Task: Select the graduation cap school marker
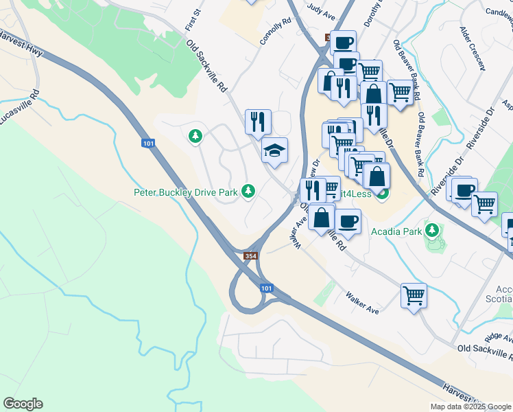(274, 151)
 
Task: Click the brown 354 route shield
(251, 256)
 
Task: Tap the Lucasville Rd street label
(19, 108)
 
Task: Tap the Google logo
(23, 404)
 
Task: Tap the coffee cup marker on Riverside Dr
(464, 190)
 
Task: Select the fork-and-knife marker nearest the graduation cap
(259, 122)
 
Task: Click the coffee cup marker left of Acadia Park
(348, 222)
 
